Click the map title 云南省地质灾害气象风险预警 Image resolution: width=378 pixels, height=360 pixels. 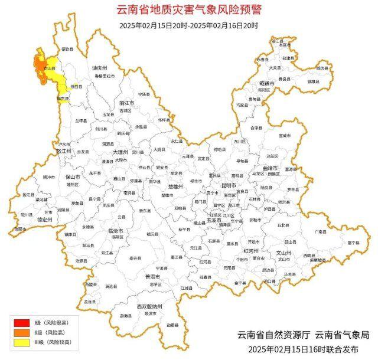pyautogui.click(x=188, y=10)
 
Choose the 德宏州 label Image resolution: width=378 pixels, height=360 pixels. pyautogui.click(x=45, y=219)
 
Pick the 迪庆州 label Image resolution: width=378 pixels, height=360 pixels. pyautogui.click(x=99, y=68)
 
